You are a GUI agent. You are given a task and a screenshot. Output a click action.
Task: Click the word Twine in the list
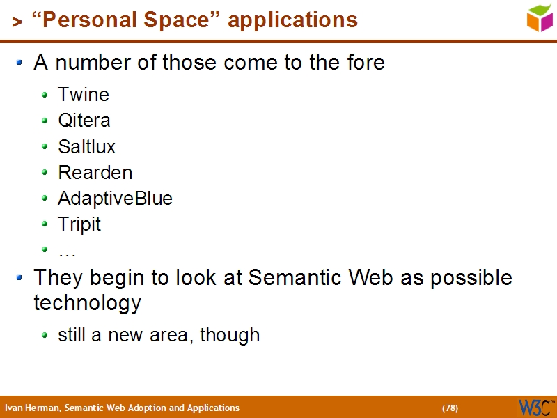pos(84,95)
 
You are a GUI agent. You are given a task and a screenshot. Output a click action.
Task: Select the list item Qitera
pos(84,121)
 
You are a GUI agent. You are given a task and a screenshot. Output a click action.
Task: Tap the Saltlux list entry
pos(87,147)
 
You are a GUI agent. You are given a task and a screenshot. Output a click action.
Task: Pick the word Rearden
pos(95,173)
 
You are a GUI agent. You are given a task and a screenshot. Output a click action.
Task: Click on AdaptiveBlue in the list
pos(116,199)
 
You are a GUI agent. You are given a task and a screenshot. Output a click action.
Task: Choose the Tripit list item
pos(79,224)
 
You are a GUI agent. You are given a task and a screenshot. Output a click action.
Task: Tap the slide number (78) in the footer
pos(450,408)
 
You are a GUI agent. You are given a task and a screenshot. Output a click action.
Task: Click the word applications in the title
pos(292,20)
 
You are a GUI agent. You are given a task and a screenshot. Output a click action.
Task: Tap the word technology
pos(87,303)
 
